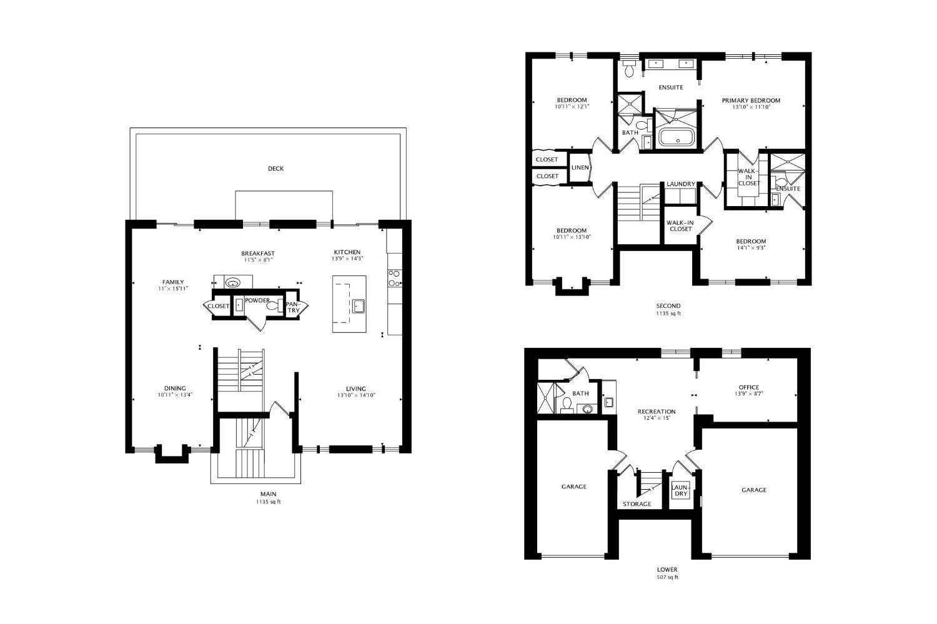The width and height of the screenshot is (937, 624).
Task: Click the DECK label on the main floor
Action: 275,169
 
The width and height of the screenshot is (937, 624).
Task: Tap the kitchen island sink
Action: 359,305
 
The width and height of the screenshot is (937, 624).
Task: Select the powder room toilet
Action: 274,305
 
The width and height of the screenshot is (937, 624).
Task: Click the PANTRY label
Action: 293,307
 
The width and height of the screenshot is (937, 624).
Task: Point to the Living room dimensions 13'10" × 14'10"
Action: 356,395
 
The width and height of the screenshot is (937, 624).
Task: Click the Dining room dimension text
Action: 175,395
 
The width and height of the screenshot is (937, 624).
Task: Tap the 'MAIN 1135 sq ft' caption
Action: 268,498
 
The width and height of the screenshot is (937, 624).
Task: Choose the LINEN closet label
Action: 580,167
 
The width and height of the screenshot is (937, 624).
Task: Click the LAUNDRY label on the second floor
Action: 680,184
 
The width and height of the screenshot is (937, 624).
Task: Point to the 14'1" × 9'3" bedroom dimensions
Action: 750,248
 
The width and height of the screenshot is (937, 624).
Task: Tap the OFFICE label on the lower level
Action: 748,387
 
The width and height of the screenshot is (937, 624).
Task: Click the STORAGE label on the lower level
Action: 637,504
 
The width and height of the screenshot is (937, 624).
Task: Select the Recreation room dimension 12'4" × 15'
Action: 657,418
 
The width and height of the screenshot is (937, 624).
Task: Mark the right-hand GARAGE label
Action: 753,490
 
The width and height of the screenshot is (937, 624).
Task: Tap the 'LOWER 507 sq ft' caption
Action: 667,573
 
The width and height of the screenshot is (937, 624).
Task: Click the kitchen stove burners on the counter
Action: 394,279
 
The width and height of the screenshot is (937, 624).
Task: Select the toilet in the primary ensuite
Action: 629,71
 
